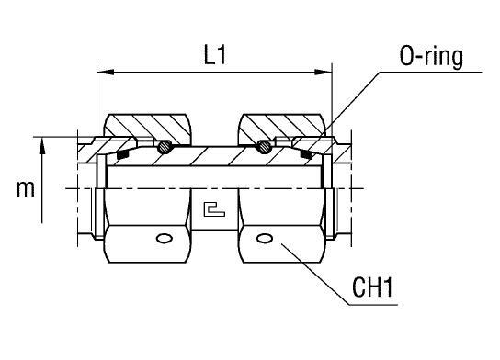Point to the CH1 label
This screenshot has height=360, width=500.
[374, 292]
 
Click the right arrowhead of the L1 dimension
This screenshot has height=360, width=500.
[325, 71]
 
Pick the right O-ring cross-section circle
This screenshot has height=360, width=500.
[264, 145]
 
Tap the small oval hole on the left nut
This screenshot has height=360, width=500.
[165, 240]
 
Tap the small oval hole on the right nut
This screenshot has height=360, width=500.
[265, 240]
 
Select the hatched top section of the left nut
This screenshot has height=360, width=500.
[147, 125]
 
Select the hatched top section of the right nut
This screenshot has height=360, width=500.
[280, 125]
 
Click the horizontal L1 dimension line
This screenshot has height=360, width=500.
[165, 71]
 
